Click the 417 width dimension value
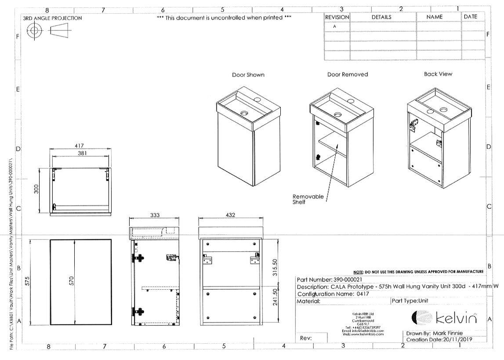pos(79,145)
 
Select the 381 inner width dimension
pos(82,153)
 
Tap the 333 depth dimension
pos(155,215)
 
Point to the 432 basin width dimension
pos(230,215)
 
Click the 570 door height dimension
pos(72,281)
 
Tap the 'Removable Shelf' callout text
pos(308,199)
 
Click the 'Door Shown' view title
pos(248,75)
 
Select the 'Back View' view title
pos(438,74)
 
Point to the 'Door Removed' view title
pos(347,74)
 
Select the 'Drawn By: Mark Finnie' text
pos(434,333)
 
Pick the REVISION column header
pos(337,17)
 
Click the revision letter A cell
pos(335,26)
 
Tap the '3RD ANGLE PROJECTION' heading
pos(52,18)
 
